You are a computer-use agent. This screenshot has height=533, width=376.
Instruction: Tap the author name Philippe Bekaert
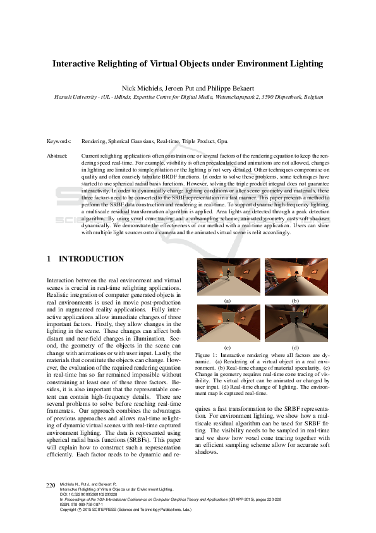[x=221, y=87]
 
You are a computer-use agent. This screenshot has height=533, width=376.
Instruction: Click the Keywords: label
[x=59, y=141]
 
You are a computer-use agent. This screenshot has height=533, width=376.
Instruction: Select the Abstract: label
[x=58, y=154]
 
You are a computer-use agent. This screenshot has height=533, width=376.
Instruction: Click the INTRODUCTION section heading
[x=91, y=259]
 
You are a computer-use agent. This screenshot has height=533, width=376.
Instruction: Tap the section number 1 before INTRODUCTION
[x=49, y=259]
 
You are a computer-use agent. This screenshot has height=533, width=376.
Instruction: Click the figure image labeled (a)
[x=227, y=277]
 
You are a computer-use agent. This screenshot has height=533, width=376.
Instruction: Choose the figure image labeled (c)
[x=227, y=323]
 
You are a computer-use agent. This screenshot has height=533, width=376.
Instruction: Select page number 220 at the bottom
[x=51, y=485]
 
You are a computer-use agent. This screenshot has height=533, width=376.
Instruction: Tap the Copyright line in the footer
[x=120, y=509]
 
